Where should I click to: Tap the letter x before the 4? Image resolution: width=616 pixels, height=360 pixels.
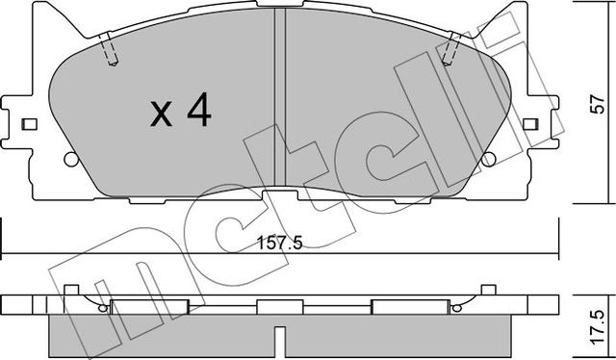162,116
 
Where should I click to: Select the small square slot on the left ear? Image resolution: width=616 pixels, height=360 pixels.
29,124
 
